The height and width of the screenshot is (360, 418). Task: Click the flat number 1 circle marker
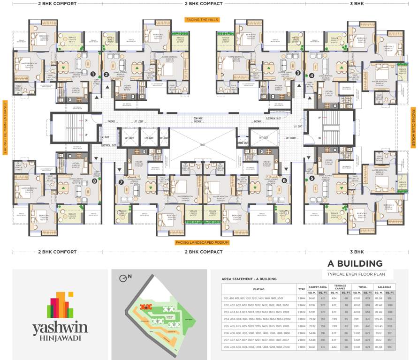pyautogui.click(x=93, y=74)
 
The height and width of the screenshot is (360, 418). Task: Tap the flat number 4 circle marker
pyautogui.click(x=312, y=75)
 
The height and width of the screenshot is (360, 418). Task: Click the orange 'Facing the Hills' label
pyautogui.click(x=202, y=20)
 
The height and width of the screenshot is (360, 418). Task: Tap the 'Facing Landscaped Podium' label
pyautogui.click(x=202, y=243)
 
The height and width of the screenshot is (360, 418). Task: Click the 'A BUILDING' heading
pyautogui.click(x=355, y=264)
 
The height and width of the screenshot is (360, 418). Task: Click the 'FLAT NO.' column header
pyautogui.click(x=259, y=289)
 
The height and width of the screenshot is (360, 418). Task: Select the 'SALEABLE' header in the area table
pyautogui.click(x=384, y=286)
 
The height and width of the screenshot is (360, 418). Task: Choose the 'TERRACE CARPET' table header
pyautogui.click(x=340, y=286)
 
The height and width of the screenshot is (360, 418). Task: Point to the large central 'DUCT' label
pyautogui.click(x=203, y=145)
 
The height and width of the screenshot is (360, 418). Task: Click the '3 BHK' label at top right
pyautogui.click(x=357, y=4)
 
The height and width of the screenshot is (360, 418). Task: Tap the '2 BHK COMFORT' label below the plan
pyautogui.click(x=57, y=252)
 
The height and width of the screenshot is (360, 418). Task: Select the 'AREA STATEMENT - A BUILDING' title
pyautogui.click(x=249, y=279)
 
